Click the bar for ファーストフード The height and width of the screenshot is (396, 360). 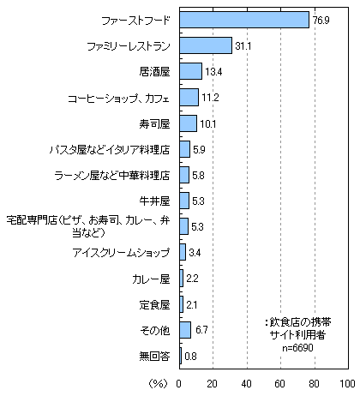pyautogui.click(x=244, y=20)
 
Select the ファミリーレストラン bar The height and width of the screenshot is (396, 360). pyautogui.click(x=206, y=45)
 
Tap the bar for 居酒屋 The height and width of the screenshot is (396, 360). pyautogui.click(x=191, y=71)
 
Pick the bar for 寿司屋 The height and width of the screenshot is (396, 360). pyautogui.click(x=189, y=123)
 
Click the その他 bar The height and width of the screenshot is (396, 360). pyautogui.click(x=185, y=330)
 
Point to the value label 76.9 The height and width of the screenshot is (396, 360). pyautogui.click(x=321, y=21)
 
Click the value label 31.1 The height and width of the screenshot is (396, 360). pyautogui.click(x=243, y=46)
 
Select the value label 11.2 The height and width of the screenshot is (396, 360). pyautogui.click(x=210, y=98)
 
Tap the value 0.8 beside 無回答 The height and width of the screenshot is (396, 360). pyautogui.click(x=190, y=357)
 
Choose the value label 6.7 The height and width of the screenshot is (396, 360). pyautogui.click(x=201, y=330)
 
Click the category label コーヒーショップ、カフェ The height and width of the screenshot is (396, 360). pyautogui.click(x=119, y=99)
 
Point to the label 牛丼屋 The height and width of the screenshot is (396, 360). pyautogui.click(x=154, y=201)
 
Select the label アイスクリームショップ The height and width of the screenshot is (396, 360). pyautogui.click(x=121, y=253)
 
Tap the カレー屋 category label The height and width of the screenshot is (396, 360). pyautogui.click(x=151, y=279)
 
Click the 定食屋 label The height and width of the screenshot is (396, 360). pyautogui.click(x=154, y=305)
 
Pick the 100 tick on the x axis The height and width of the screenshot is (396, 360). pyautogui.click(x=347, y=384)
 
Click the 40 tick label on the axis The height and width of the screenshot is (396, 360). pyautogui.click(x=246, y=384)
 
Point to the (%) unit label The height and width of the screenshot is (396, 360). pyautogui.click(x=158, y=384)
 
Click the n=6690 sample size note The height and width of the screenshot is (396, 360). pyautogui.click(x=297, y=348)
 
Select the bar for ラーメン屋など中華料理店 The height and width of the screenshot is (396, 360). pyautogui.click(x=184, y=175)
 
